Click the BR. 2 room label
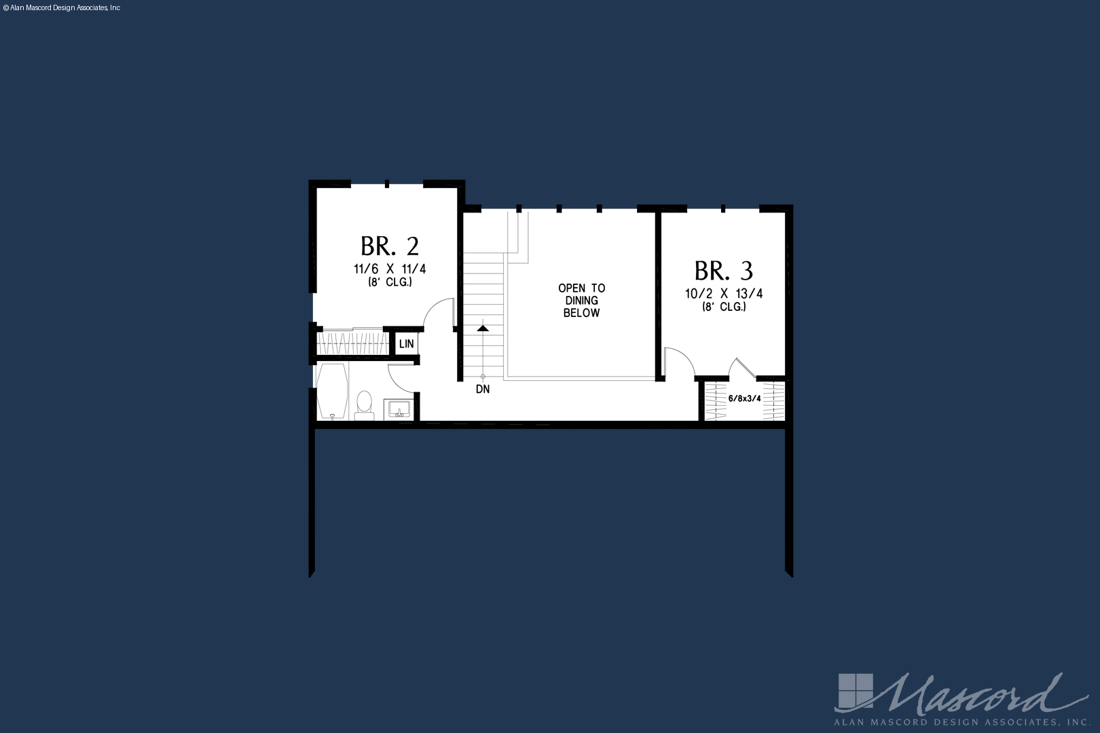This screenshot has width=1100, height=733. (390, 246)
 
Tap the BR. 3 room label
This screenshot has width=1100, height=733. (724, 271)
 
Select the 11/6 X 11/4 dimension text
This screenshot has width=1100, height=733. (390, 269)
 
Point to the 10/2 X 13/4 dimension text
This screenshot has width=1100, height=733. (724, 294)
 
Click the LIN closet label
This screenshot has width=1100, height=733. (407, 344)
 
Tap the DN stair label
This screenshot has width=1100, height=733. (483, 390)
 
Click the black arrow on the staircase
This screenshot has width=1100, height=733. (483, 327)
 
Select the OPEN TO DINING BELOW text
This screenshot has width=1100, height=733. (582, 301)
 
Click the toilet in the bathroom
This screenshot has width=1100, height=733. (364, 406)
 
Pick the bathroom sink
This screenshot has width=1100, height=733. (399, 409)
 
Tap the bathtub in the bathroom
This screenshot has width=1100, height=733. (333, 392)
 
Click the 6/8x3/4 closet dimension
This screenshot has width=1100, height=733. (744, 398)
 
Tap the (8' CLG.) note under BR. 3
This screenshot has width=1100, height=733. (724, 307)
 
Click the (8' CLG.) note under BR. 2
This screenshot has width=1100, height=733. (390, 282)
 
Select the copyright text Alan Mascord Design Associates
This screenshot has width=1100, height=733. (61, 8)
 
